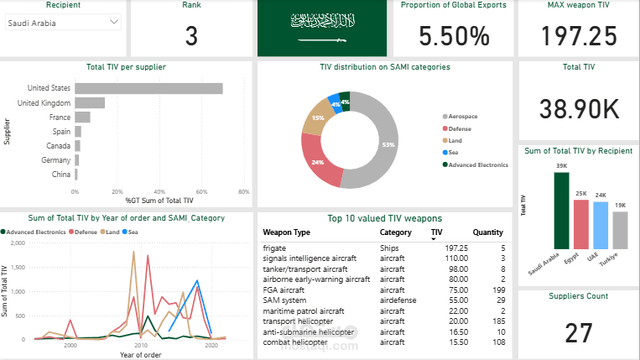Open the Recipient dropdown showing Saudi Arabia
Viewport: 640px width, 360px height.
point(63,23)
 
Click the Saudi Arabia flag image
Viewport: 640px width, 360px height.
point(321,29)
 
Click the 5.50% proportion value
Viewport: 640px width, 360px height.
point(454,36)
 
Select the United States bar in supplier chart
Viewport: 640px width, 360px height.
point(148,88)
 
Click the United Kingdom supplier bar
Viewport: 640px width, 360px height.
point(90,102)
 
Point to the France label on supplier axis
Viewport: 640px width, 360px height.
point(60,117)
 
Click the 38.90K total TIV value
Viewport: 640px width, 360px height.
point(578,108)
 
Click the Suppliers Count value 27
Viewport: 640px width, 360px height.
point(578,333)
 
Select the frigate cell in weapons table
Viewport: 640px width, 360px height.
point(275,248)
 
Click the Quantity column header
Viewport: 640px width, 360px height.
point(487,232)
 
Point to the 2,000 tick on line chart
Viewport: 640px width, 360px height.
point(18,243)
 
